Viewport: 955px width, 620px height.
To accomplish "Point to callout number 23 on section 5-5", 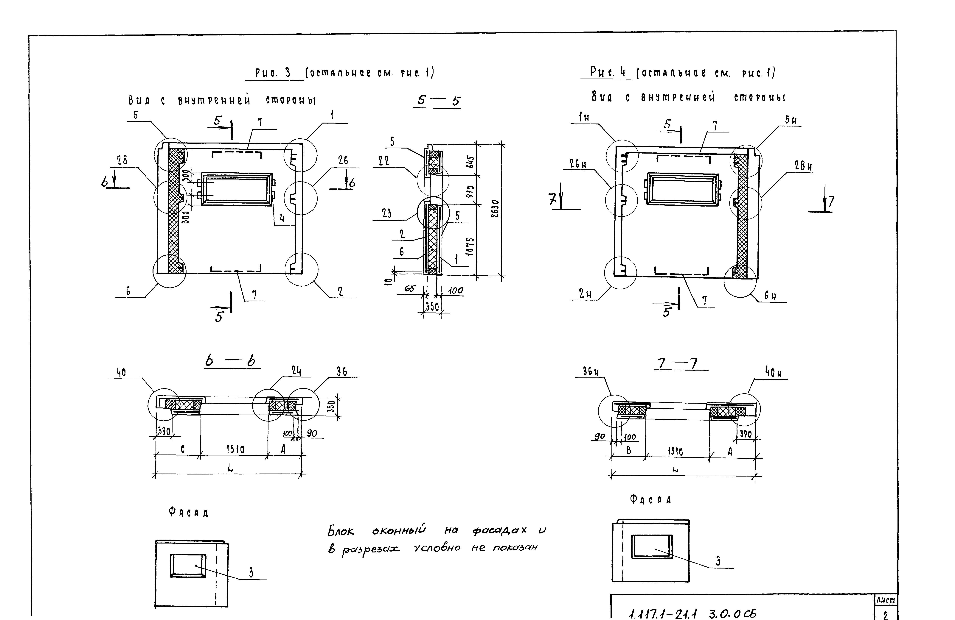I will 386,213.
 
